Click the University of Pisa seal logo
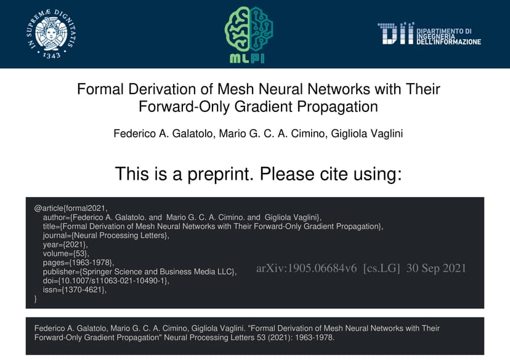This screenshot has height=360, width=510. (x=51, y=34)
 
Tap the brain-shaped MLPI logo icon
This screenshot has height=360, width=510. (x=249, y=29)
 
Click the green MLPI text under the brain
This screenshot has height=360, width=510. (x=247, y=58)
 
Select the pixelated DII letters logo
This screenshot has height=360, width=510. (x=396, y=33)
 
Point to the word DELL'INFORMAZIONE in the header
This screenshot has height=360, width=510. (x=449, y=42)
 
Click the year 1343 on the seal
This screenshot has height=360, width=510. (x=52, y=55)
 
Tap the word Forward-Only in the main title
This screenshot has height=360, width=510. (x=184, y=106)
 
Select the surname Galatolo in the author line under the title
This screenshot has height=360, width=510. (x=193, y=134)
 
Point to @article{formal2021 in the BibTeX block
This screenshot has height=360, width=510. (x=71, y=208)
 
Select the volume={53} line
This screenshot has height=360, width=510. (x=66, y=254)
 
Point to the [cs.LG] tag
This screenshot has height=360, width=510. (x=381, y=268)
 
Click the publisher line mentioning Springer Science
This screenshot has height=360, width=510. (x=140, y=271)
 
